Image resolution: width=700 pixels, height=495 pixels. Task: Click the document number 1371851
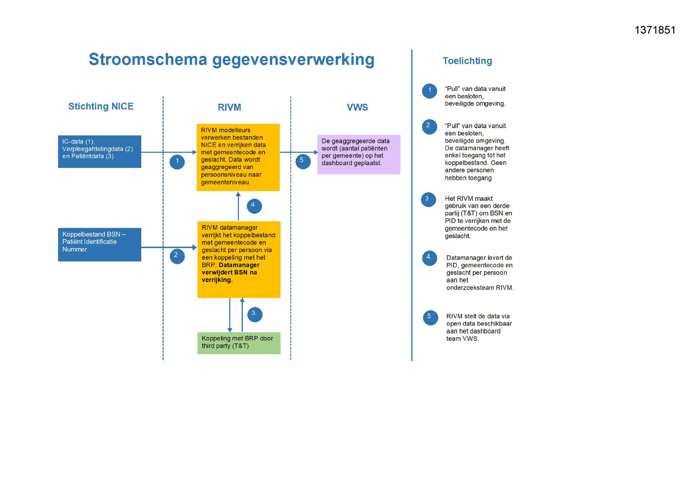pyautogui.click(x=655, y=30)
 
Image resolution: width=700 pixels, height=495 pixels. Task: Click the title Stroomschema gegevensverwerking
pyautogui.click(x=231, y=60)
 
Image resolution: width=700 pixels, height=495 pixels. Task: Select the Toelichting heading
pyautogui.click(x=467, y=61)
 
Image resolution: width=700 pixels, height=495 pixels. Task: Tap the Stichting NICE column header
pyautogui.click(x=101, y=106)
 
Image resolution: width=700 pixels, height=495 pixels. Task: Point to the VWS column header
pyautogui.click(x=357, y=107)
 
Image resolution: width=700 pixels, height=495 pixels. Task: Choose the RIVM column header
pyautogui.click(x=229, y=107)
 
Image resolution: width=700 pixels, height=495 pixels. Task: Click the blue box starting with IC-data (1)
pyautogui.click(x=99, y=152)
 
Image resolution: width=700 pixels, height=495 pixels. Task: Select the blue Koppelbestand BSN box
pyautogui.click(x=99, y=245)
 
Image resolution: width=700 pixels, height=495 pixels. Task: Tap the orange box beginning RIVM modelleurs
pyautogui.click(x=238, y=157)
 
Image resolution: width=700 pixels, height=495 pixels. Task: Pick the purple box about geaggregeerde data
pyautogui.click(x=359, y=154)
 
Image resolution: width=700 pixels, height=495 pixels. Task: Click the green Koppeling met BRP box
pyautogui.click(x=239, y=343)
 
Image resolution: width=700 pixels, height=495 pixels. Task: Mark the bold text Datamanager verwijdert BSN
pyautogui.click(x=231, y=272)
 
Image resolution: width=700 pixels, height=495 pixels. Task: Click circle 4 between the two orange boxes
pyautogui.click(x=254, y=206)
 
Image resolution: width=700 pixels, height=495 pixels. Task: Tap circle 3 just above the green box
pyautogui.click(x=255, y=314)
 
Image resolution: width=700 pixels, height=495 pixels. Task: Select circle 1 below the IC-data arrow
pyautogui.click(x=177, y=162)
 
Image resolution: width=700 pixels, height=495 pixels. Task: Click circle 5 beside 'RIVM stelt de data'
pyautogui.click(x=430, y=318)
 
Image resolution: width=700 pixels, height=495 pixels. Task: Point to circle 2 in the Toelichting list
pyautogui.click(x=429, y=127)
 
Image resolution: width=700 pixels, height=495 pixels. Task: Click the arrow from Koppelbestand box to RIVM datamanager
pyautogui.click(x=169, y=248)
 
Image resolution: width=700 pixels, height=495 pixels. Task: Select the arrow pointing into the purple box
pyautogui.click(x=299, y=152)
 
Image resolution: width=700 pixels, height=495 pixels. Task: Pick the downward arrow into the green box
pyautogui.click(x=230, y=315)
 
